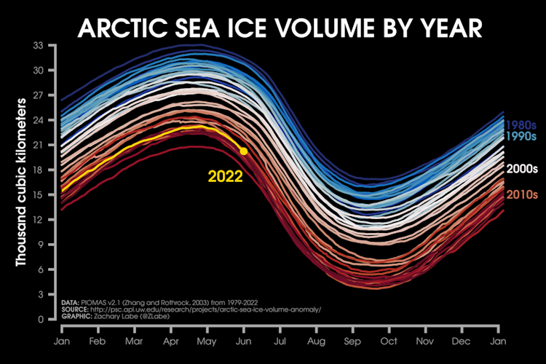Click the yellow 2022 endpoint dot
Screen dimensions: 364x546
click(x=243, y=151)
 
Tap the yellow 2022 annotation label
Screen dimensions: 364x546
click(x=226, y=175)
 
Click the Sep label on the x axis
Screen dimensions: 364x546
click(x=352, y=340)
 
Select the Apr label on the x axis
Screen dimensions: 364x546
click(x=171, y=340)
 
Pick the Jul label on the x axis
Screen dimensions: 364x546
click(x=280, y=340)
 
